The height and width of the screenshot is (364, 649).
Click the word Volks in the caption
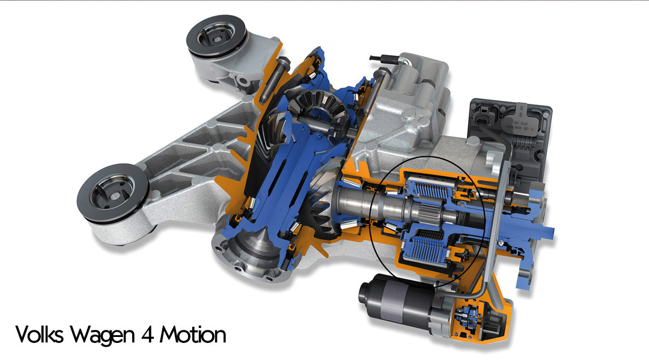pos(39,334)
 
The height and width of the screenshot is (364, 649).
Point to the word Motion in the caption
pos(193,335)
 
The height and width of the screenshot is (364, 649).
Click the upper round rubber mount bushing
pos(216,36)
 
